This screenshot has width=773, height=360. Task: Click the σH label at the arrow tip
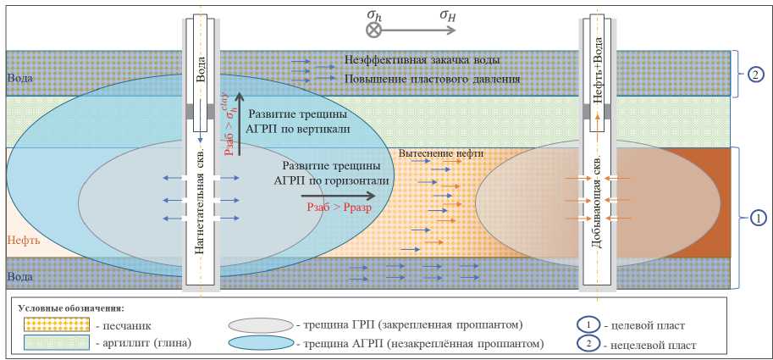[x=450, y=14]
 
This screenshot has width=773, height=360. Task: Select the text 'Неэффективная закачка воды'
[x=422, y=61]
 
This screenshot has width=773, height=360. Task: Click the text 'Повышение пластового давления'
[x=432, y=79]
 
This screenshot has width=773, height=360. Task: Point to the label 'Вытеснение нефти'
[x=441, y=153]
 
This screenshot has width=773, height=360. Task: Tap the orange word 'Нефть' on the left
[x=23, y=241]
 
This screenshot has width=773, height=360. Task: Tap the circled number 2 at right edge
[x=755, y=73]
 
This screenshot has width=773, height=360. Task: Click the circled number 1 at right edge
[x=755, y=218]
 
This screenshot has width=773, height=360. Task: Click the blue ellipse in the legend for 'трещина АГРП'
[x=259, y=343]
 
